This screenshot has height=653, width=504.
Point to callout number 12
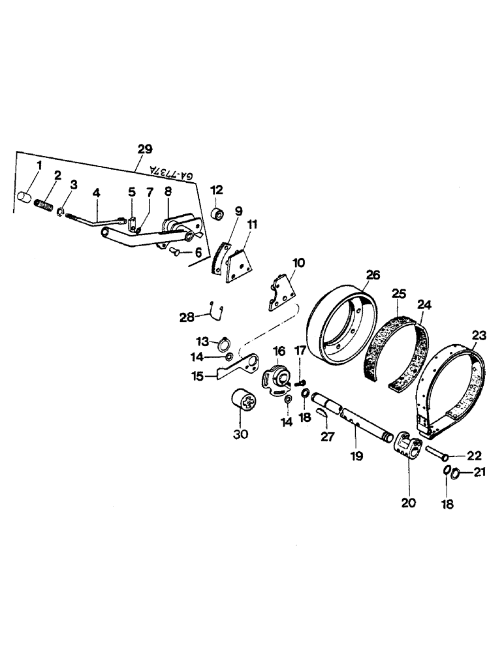coord(217,190)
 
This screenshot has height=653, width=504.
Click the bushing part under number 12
coord(217,213)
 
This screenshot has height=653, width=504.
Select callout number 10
coord(298,263)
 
